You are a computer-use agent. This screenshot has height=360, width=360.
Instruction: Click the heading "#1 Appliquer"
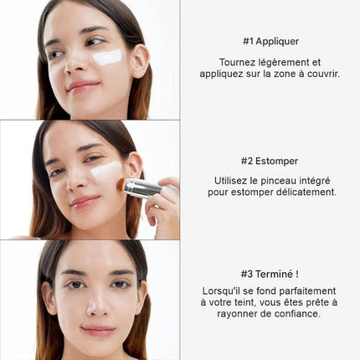270,41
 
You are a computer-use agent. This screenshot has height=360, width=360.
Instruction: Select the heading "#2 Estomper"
270,161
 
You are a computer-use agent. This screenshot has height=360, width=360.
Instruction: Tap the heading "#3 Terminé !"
270,274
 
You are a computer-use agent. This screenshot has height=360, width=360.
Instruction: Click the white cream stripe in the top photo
107,57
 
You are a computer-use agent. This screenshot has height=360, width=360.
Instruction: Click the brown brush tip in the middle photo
121,184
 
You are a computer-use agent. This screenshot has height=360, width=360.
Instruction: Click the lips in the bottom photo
98,331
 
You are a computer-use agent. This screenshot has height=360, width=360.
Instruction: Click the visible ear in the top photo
141,61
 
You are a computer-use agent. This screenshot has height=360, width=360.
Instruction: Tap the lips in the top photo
83,86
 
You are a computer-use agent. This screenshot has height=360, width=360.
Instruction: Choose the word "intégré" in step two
315,181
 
